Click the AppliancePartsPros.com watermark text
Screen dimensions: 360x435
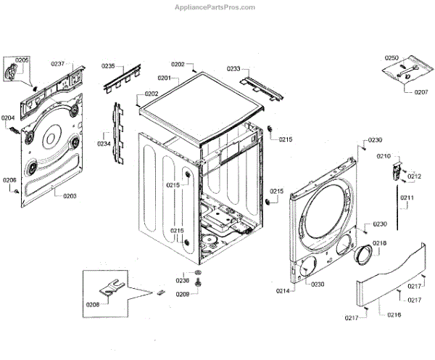click(215, 7)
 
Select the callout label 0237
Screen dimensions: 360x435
click(57, 64)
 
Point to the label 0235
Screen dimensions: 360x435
click(108, 66)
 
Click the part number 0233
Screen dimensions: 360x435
click(233, 69)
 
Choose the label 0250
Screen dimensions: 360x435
click(391, 57)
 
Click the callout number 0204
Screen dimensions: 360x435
click(8, 118)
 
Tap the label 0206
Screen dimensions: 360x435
click(9, 180)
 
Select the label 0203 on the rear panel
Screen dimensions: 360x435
click(70, 196)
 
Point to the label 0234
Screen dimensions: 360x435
click(104, 144)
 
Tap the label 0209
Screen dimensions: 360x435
click(181, 294)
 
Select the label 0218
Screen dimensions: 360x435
click(379, 243)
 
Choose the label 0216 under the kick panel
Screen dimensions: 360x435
click(394, 315)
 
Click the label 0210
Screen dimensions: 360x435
click(383, 156)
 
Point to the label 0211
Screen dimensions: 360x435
click(407, 198)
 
